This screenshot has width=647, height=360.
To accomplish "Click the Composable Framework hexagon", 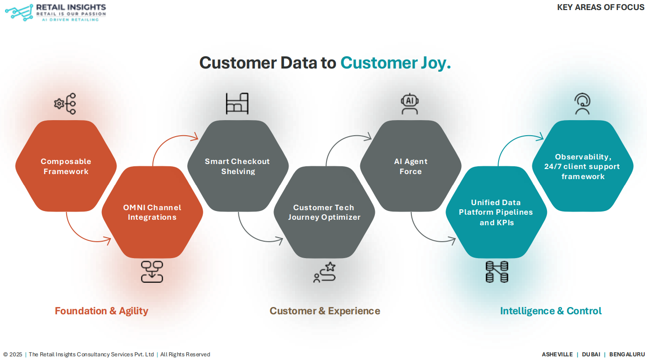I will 66,166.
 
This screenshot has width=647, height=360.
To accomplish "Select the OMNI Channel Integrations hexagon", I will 152,212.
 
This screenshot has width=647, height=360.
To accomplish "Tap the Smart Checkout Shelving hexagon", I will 237,166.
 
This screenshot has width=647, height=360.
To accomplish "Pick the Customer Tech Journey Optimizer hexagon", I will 324,212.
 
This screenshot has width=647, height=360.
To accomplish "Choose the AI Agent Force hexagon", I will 410,166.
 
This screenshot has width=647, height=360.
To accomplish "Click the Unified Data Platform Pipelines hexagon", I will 496,212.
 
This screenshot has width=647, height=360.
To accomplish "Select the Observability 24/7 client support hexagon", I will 583,166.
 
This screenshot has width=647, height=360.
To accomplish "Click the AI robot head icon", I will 410,104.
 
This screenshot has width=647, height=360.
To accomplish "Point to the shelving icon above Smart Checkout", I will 237,104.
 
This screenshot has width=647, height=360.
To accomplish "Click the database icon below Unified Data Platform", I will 497,272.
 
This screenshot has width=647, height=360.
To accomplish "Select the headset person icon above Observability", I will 582,104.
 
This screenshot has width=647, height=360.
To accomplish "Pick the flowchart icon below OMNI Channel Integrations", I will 152,272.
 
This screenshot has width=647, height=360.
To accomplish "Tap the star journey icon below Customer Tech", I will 324,272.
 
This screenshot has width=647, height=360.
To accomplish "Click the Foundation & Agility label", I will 101,311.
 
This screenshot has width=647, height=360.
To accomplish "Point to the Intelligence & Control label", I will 551,311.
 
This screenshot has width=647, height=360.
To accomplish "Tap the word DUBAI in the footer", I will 591,355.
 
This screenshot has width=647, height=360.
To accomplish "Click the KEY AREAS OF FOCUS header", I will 600,7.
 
